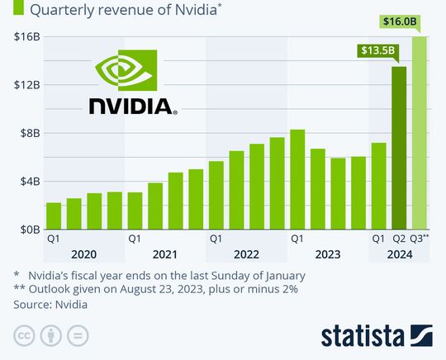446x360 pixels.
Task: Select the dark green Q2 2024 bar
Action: [399, 149]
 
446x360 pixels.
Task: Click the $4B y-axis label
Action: [26, 182]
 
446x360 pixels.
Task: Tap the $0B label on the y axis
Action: [26, 230]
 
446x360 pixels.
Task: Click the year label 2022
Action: [246, 255]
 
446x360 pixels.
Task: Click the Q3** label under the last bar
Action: [420, 239]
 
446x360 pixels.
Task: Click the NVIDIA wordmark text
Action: [131, 107]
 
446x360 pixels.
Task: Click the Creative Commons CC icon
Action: [24, 337]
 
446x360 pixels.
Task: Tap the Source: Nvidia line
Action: [50, 304]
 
